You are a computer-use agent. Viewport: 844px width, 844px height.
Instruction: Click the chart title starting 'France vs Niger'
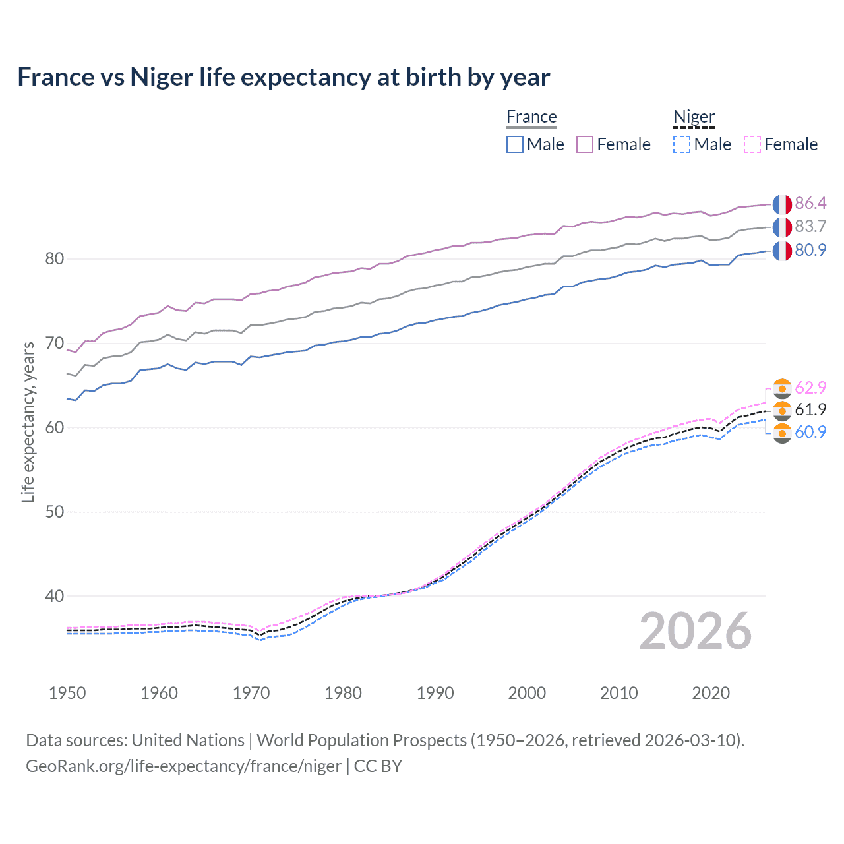click(x=284, y=77)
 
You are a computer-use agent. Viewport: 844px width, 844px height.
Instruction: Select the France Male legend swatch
click(x=515, y=144)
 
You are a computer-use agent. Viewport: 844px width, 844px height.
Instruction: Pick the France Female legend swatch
click(x=585, y=144)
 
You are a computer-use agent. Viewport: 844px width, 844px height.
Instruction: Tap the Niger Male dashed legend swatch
click(x=682, y=144)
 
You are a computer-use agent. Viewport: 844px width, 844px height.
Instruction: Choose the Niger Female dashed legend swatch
click(x=752, y=144)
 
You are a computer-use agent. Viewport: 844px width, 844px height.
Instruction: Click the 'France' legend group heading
click(x=531, y=117)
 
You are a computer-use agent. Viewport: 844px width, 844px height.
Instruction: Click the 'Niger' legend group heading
click(x=694, y=117)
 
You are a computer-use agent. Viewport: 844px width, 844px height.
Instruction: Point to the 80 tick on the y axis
click(x=55, y=259)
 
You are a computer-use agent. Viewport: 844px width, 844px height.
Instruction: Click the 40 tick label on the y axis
click(x=55, y=596)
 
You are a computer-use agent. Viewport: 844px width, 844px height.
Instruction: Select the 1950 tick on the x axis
click(x=67, y=693)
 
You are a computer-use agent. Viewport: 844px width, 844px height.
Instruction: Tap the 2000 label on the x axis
click(x=527, y=693)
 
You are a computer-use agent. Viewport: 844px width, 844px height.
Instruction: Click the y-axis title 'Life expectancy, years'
click(x=28, y=422)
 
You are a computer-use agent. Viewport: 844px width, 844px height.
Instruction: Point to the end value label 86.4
click(x=810, y=203)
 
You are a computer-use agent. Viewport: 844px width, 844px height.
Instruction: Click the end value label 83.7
click(x=810, y=226)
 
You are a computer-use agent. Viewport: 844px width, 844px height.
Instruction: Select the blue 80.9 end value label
click(x=810, y=250)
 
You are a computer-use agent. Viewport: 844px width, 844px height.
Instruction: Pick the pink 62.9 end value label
click(x=810, y=388)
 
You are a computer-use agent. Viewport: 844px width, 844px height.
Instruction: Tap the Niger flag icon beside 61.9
click(x=782, y=410)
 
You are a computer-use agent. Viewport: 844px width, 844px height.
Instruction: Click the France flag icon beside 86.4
click(x=782, y=204)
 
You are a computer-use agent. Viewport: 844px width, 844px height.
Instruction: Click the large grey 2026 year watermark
click(x=695, y=631)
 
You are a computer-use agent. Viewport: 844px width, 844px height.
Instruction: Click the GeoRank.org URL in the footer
click(x=183, y=766)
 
